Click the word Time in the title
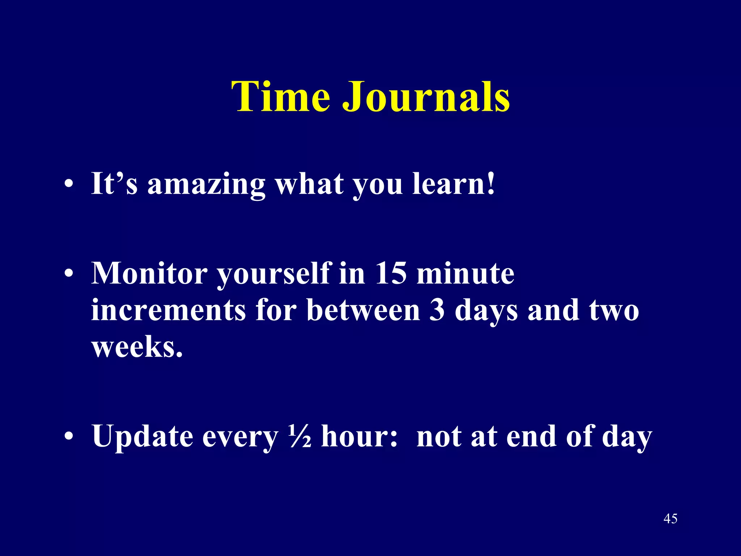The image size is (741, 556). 280,96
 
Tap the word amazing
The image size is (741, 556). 206,184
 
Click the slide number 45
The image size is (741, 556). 670,519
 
